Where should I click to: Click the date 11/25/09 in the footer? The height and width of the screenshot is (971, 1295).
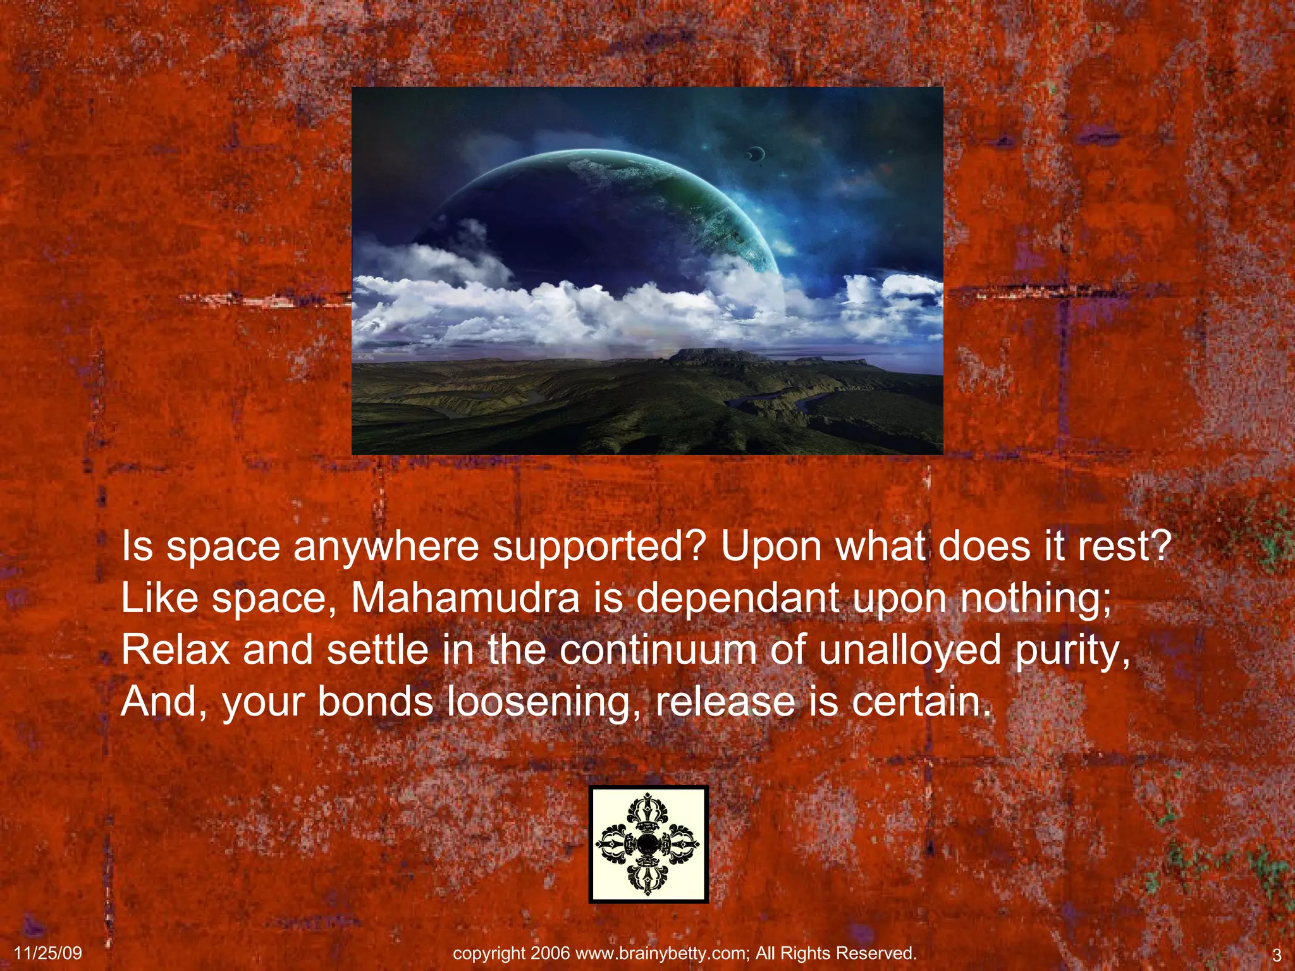click(48, 953)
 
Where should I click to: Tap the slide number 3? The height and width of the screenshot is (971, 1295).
click(1276, 955)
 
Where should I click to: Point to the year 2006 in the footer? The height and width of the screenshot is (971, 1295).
click(550, 953)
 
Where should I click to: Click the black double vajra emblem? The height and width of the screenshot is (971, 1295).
click(648, 844)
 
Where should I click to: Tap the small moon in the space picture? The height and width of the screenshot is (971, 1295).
click(756, 152)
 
